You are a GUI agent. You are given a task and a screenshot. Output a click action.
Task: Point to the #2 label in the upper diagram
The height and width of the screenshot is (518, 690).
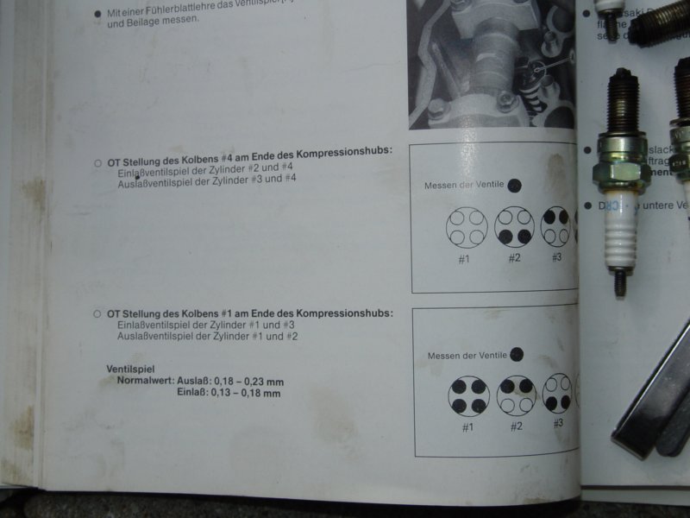[514, 258]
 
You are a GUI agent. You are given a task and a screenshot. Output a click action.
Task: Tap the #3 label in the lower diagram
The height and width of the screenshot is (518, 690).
[558, 423]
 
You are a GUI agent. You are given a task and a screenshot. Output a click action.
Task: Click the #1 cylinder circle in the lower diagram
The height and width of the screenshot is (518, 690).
[468, 395]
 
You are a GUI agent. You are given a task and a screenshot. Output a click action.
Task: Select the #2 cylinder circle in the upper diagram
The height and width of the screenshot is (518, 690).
[514, 227]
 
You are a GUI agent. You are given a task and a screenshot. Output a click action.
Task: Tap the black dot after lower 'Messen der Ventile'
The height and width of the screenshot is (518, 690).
[517, 354]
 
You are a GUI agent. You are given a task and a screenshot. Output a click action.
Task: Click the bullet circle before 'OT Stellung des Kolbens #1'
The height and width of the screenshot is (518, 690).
[97, 313]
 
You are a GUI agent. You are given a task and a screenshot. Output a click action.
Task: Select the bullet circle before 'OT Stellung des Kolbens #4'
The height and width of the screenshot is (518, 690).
[97, 161]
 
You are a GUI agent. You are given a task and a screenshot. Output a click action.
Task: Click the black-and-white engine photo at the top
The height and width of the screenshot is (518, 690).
[492, 60]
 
